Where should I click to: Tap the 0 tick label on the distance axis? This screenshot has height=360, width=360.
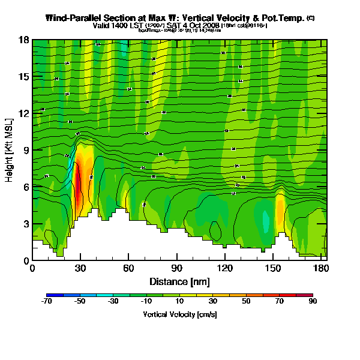pos(32,268)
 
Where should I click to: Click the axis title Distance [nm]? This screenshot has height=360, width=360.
pos(179,281)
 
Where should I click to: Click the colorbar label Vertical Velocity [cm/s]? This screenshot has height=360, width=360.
pos(179,314)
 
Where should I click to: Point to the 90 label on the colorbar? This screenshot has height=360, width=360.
pos(313,302)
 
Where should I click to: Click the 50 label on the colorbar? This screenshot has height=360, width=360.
pos(246,302)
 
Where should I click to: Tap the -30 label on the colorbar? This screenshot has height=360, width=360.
pos(113,302)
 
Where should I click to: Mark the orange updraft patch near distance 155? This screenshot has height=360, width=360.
pos(280,209)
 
